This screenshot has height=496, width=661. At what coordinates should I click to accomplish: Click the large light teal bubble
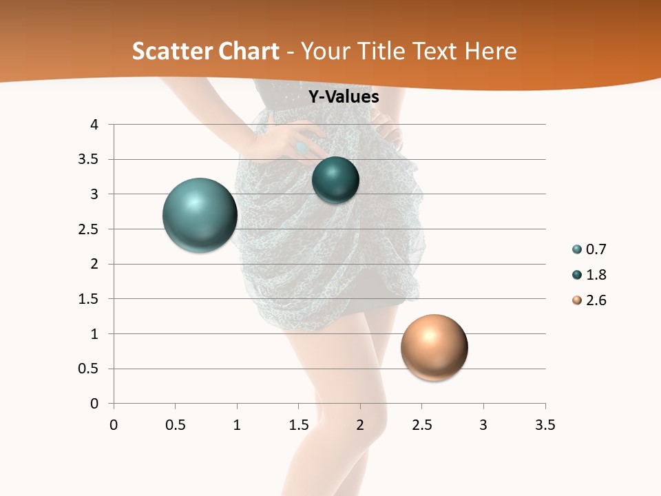[x=200, y=215]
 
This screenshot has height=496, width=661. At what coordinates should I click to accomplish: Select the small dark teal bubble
[x=335, y=180]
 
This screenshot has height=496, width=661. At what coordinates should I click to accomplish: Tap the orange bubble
[x=434, y=347]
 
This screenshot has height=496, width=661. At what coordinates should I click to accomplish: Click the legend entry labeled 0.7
[x=589, y=249]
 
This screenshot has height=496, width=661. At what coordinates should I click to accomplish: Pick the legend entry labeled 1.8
[x=589, y=275]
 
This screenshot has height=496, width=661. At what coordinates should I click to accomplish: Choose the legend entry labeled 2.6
[x=589, y=300]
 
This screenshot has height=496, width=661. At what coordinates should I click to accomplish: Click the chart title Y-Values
[x=343, y=97]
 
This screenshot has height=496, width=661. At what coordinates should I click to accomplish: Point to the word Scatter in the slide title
[x=172, y=51]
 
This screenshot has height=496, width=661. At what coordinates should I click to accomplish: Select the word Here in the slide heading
[x=490, y=51]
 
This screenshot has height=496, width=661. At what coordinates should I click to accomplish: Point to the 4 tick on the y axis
[x=95, y=125]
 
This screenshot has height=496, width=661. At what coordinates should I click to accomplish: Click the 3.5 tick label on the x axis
[x=545, y=425]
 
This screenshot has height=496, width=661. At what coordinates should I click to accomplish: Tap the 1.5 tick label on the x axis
[x=298, y=425]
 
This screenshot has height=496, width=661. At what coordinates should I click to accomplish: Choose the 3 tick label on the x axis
[x=483, y=425]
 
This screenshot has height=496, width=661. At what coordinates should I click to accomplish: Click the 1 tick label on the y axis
[x=95, y=334]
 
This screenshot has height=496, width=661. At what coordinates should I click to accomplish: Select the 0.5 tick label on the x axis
[x=175, y=425]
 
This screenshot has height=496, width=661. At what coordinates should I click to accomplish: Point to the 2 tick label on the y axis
[x=95, y=264]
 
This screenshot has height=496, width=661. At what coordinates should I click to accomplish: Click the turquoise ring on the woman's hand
[x=301, y=147]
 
